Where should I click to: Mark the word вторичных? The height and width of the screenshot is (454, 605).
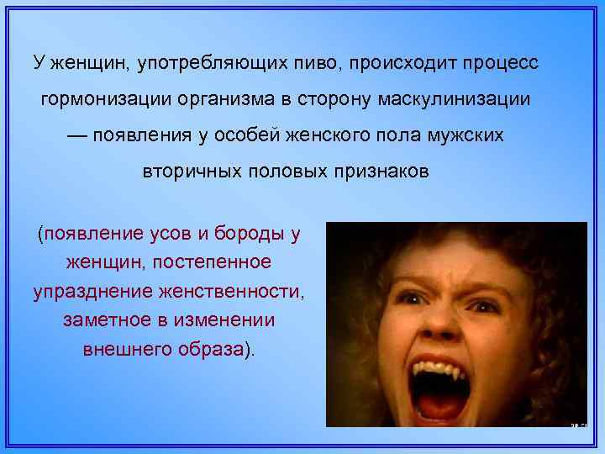189,172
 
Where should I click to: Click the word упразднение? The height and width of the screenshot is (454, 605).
87,292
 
